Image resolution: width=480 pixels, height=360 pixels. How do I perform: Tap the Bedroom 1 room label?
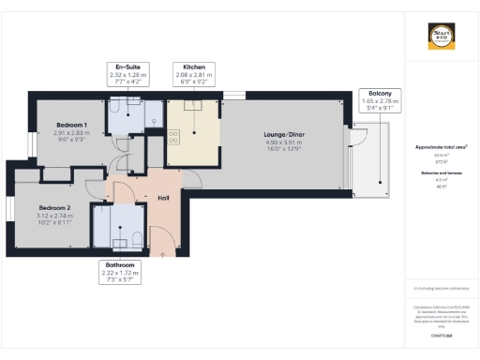tap(72, 126)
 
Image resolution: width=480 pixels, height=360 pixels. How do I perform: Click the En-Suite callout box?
tap(128, 74)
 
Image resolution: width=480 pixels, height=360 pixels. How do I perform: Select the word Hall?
tap(163, 198)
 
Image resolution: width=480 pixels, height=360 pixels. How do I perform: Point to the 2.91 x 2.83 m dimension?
tap(72, 133)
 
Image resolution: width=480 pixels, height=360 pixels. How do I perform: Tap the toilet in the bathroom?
tap(137, 234)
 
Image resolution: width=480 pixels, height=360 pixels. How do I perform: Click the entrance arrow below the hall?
tap(163, 252)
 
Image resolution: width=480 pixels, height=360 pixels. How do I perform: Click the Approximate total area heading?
tap(441, 148)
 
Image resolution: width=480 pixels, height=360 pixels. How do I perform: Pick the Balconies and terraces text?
tap(441, 174)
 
